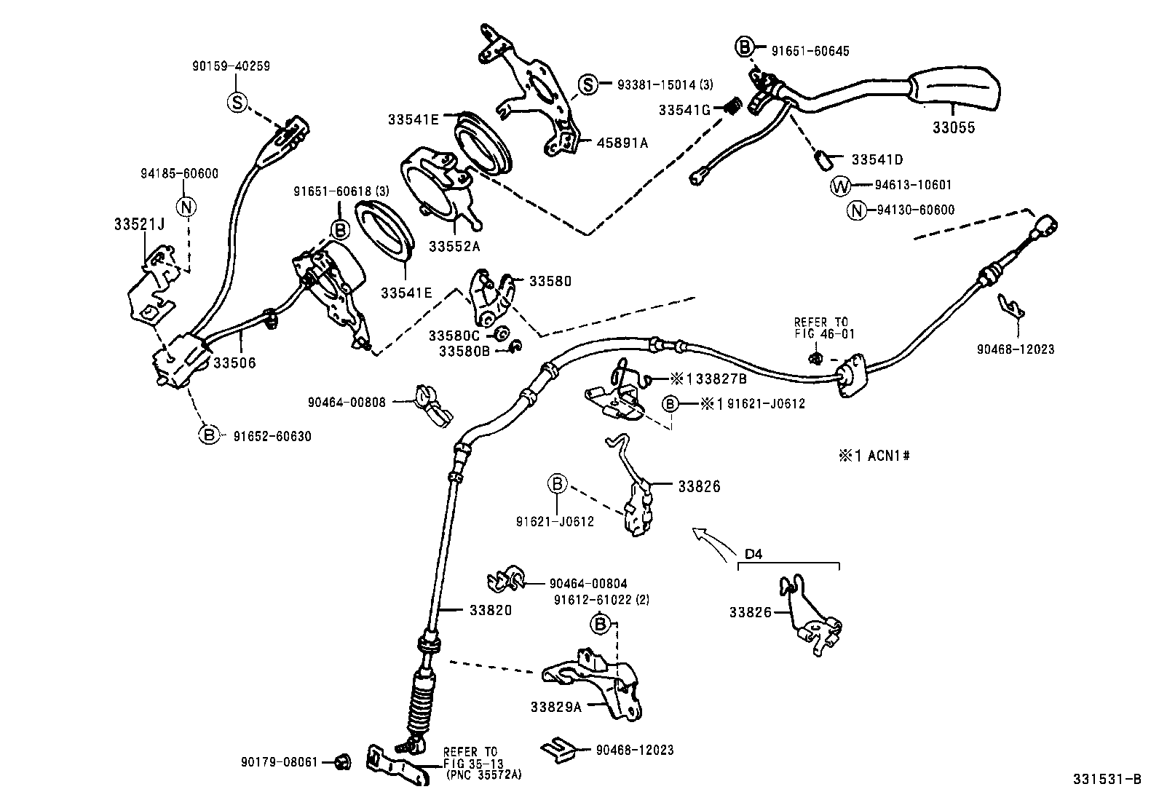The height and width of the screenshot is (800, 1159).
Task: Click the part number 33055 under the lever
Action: tap(954, 128)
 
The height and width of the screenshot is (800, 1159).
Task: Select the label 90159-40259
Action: tap(232, 66)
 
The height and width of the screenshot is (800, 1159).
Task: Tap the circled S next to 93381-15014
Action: tap(589, 85)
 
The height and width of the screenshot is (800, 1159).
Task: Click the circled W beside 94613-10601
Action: tap(840, 186)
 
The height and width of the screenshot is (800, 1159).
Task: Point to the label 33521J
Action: tap(139, 224)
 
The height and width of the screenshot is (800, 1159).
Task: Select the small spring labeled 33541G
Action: tap(734, 108)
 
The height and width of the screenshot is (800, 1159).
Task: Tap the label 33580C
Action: tap(454, 336)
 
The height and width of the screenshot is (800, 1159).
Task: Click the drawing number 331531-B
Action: tap(1106, 780)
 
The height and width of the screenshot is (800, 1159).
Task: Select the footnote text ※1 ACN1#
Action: tap(874, 456)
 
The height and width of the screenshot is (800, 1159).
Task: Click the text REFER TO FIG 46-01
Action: tap(820, 328)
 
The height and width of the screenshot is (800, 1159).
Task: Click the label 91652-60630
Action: tap(272, 436)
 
